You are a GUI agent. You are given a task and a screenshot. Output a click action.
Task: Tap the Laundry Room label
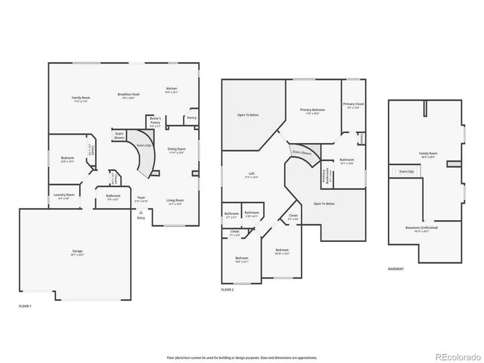point(64,196)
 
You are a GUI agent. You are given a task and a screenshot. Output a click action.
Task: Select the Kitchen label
point(172,90)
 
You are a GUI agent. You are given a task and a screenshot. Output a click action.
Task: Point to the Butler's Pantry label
point(154,120)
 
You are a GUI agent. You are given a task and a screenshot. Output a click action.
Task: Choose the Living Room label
point(175,201)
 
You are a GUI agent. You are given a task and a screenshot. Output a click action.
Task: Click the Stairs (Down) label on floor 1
point(119,136)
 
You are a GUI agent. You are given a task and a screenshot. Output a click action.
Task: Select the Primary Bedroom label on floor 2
point(308,111)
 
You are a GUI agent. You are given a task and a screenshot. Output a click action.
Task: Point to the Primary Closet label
point(353,105)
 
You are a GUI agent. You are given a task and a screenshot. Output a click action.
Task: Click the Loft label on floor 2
point(251,175)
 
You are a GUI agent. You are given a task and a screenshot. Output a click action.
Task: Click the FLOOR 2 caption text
point(228,290)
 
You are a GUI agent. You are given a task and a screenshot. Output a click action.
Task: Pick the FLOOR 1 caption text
point(26,305)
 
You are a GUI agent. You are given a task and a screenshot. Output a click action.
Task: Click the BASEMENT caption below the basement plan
point(396,268)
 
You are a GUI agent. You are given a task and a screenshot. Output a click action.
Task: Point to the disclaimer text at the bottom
point(242,357)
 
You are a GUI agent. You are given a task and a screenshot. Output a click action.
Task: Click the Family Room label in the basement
point(427,154)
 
